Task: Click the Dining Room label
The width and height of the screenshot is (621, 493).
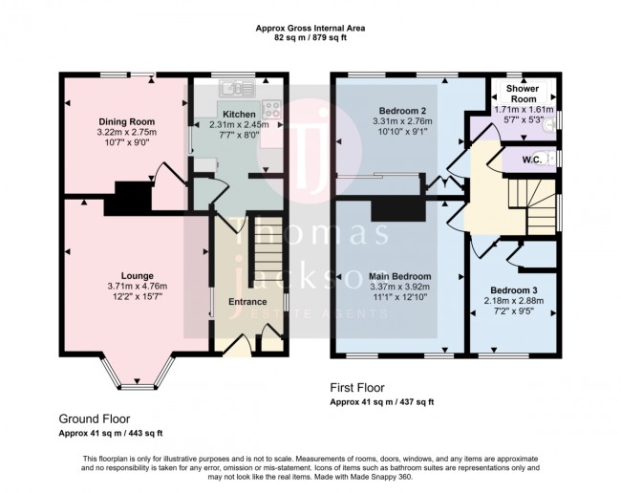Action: click(125, 121)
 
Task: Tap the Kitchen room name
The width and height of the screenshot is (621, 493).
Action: click(239, 114)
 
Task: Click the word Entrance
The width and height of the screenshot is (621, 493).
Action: click(247, 302)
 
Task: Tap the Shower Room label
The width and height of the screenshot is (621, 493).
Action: click(523, 95)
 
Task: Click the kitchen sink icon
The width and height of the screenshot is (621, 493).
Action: click(235, 88)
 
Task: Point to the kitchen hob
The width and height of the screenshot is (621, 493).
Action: click(270, 108)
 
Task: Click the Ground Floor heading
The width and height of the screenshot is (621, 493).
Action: click(94, 418)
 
